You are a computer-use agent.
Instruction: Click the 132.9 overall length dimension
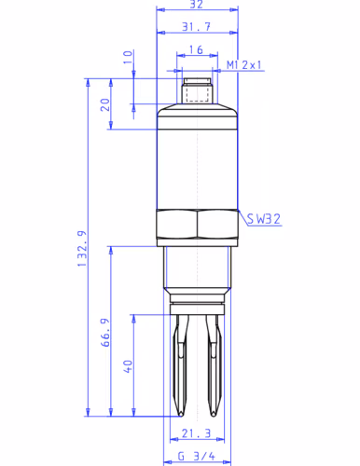(82, 249)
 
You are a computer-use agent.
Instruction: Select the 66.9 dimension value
(105, 332)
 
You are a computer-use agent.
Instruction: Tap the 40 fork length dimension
(128, 366)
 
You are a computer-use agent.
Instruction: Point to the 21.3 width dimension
(196, 433)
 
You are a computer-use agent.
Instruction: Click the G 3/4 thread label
(196, 457)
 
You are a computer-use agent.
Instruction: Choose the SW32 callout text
(264, 219)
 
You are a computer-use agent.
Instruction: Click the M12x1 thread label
(244, 65)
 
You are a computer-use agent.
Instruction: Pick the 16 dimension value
(196, 49)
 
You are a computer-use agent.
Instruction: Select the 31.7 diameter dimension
(196, 27)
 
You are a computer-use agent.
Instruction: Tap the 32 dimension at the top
(196, 5)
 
